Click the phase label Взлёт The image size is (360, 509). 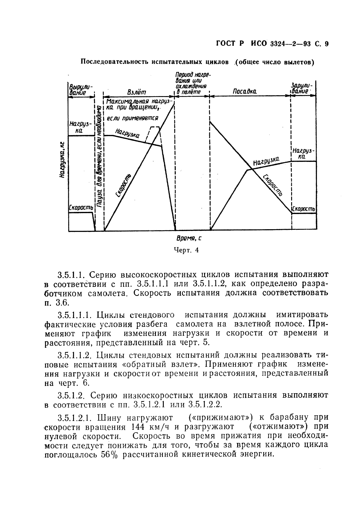(136, 92)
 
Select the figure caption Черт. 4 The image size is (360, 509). (187, 250)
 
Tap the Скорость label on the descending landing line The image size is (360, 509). (272, 185)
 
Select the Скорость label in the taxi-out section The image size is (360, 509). (81, 208)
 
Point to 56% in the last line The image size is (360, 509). (107, 455)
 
